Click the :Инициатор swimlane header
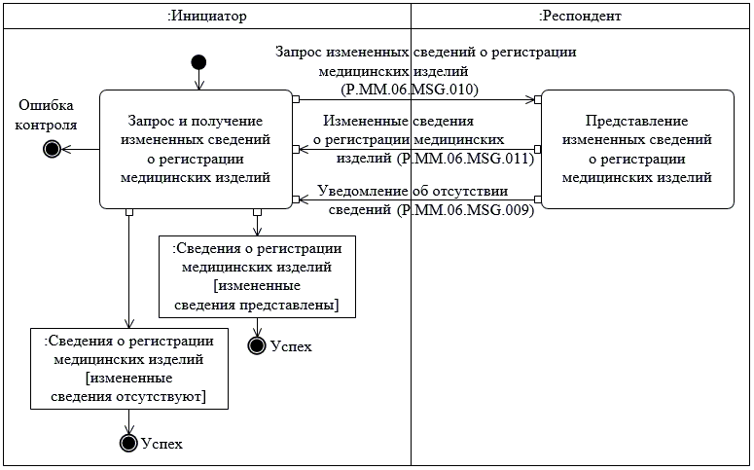pos(206,16)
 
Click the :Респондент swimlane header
pos(580,16)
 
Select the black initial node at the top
pos(199,63)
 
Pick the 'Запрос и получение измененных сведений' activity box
pos(197,149)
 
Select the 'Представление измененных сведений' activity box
pos(637,149)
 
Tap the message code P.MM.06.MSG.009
pos(464,210)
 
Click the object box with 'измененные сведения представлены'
pos(256,276)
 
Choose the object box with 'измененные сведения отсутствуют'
pos(128,368)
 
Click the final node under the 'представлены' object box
pos(257,344)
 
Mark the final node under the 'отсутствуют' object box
pos(127,443)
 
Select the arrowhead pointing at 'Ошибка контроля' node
pos(67,149)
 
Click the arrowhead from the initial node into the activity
pos(199,86)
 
